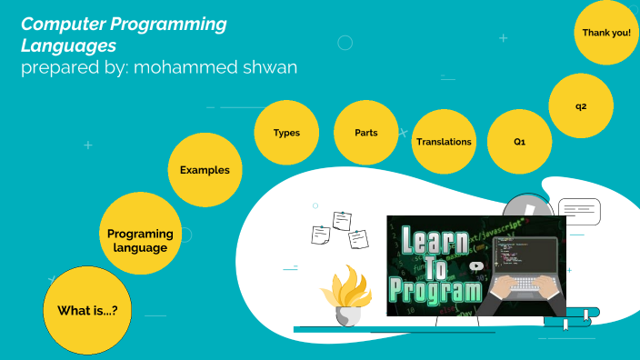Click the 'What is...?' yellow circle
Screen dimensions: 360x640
point(87,310)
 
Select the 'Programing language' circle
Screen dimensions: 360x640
point(139,240)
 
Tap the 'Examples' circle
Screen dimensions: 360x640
point(205,170)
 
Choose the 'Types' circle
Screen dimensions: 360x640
point(286,133)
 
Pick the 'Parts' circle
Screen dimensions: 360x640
point(366,133)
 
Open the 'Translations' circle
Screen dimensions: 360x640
point(444,142)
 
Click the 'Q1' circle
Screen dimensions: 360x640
point(519,143)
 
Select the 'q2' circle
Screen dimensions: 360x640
point(581,106)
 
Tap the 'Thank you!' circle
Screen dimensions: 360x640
point(605,33)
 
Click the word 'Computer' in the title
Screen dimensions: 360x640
point(61,25)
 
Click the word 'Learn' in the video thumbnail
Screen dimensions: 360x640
point(434,244)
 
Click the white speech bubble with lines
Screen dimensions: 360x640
point(579,212)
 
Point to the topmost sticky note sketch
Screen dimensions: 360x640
point(342,220)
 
